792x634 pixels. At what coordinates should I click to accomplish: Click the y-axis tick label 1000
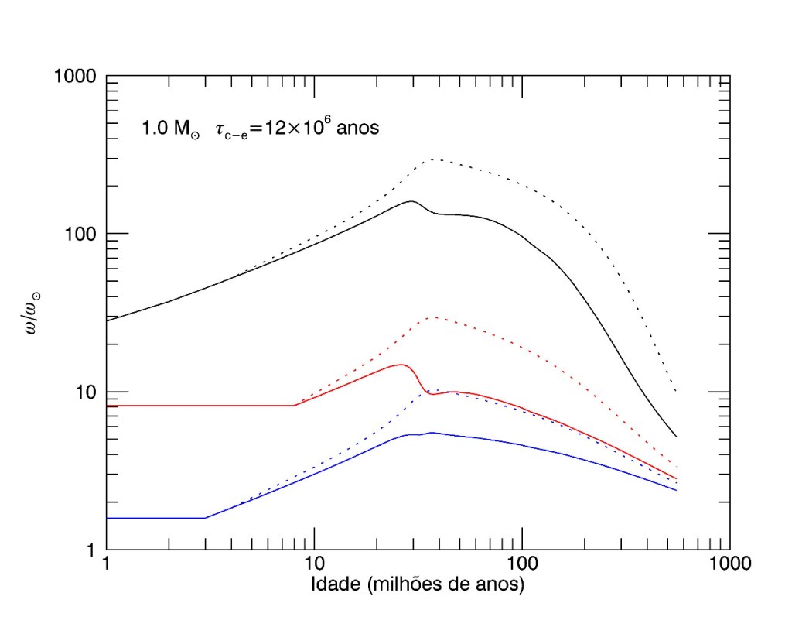(74, 77)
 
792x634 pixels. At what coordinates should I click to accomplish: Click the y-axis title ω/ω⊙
(33, 314)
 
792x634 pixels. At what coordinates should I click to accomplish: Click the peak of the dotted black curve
(434, 159)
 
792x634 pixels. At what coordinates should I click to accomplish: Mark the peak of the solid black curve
(411, 201)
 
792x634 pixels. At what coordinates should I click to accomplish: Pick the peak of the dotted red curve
(434, 317)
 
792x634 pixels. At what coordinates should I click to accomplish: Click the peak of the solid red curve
(401, 365)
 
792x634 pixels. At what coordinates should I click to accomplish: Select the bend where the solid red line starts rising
(295, 405)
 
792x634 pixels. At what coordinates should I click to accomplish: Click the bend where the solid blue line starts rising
(205, 517)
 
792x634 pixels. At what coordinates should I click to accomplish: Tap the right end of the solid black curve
(677, 436)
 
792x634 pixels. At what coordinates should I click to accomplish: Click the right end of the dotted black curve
(677, 392)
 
